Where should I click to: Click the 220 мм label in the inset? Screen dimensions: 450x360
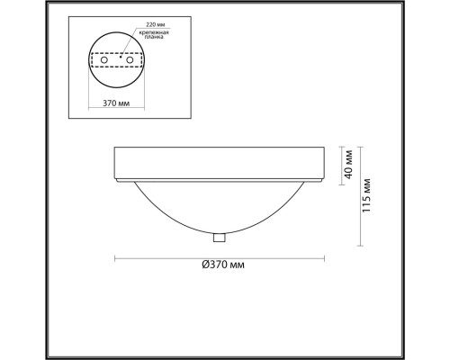point(156,24)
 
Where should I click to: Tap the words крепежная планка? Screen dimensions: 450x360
point(154,34)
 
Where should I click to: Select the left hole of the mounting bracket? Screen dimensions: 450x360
point(104,59)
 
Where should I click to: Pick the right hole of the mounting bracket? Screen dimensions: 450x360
point(130,59)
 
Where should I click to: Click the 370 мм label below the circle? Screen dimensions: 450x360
point(116,103)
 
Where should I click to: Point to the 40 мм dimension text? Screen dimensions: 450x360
point(348,165)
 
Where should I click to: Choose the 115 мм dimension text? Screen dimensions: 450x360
point(366,195)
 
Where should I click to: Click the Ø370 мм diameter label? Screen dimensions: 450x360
point(223,265)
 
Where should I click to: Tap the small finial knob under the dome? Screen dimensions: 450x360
point(220,238)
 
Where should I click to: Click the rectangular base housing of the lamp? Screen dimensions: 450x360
point(220,164)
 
